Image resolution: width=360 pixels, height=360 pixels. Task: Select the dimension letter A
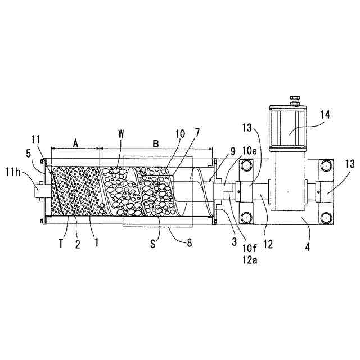click(x=74, y=143)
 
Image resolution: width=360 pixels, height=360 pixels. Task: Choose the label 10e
click(x=251, y=152)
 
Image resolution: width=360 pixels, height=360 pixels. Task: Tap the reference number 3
click(x=226, y=242)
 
